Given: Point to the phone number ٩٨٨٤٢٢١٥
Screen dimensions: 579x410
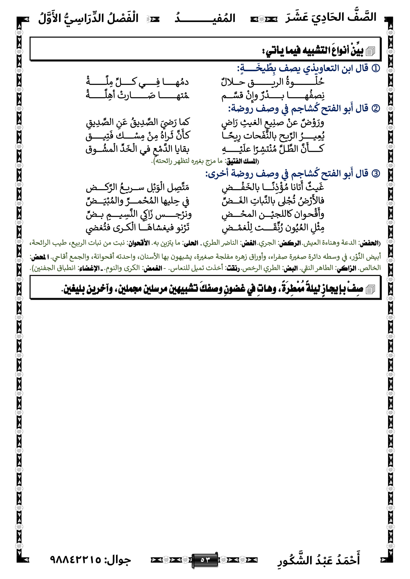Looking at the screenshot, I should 76,560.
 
